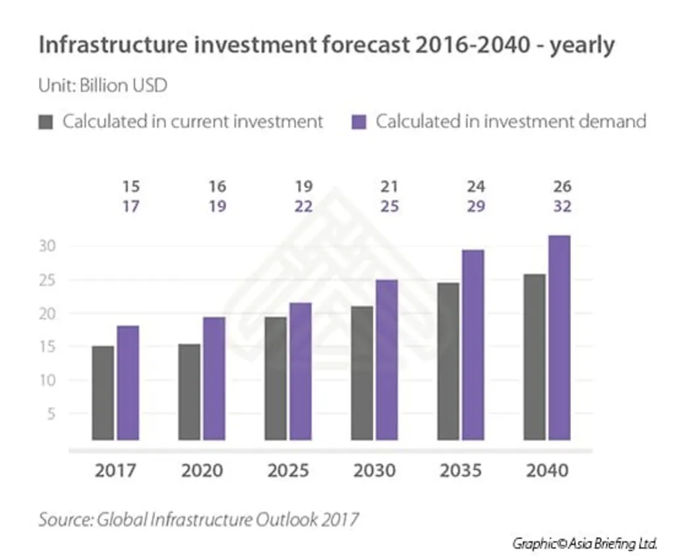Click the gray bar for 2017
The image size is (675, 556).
pos(103,392)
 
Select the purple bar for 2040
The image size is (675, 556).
pos(559,337)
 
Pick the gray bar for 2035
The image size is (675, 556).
pos(448,361)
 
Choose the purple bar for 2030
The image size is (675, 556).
pos(386,359)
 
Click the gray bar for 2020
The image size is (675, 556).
pos(189,391)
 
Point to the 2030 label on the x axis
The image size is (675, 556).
pos(374,471)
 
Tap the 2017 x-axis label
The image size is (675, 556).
pos(115,471)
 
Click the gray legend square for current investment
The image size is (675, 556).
pos(45,122)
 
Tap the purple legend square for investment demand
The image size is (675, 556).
pos(359,122)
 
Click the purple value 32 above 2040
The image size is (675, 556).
pos(562,206)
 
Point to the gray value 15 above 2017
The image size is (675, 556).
pos(131,187)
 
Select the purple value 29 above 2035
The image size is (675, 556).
pos(476,206)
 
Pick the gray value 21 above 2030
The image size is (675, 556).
pos(390,187)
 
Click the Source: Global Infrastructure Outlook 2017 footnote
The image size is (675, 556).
pos(198,518)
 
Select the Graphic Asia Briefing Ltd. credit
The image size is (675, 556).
pos(585,543)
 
